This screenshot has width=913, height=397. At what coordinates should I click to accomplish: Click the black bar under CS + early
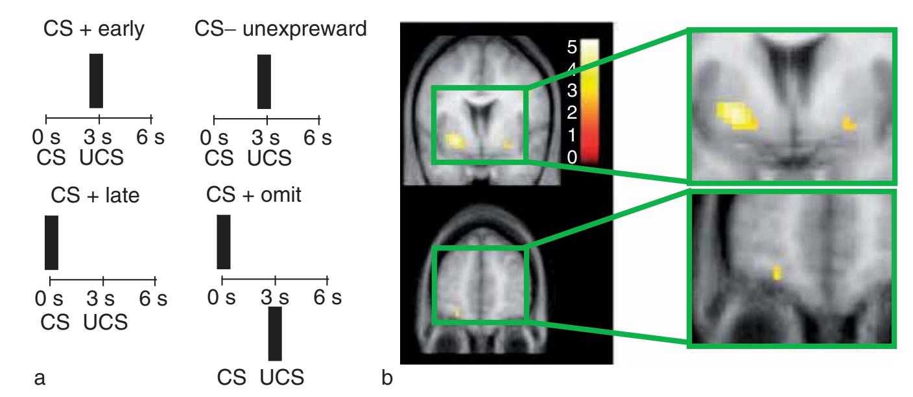click(x=96, y=80)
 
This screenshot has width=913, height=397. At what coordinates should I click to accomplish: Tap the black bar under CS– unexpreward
click(x=264, y=82)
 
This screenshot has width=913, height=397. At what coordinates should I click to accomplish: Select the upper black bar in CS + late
click(x=51, y=243)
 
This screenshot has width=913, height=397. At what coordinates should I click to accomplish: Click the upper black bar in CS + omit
click(x=223, y=242)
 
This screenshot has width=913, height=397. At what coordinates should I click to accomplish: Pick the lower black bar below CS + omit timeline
click(x=275, y=334)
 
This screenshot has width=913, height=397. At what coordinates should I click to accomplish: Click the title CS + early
click(x=94, y=29)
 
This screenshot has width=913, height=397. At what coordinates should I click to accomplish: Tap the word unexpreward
click(x=305, y=29)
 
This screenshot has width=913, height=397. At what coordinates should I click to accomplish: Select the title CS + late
click(x=95, y=195)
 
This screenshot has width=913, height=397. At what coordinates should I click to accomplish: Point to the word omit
click(x=281, y=195)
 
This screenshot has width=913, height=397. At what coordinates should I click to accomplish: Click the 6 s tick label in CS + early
click(x=150, y=137)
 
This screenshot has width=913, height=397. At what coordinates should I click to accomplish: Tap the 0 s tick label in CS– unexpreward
click(x=213, y=138)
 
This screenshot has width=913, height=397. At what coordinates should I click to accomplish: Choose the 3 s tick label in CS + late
click(x=100, y=299)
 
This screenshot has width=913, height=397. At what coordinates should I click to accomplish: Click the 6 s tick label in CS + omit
click(x=327, y=298)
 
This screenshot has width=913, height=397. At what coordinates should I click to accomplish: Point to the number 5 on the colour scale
click(x=572, y=47)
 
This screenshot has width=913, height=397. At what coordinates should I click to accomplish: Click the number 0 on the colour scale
click(x=572, y=158)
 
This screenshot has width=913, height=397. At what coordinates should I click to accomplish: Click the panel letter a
click(x=40, y=378)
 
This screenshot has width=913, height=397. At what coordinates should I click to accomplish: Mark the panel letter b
click(x=387, y=377)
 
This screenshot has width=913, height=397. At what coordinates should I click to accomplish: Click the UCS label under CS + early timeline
click(x=102, y=158)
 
